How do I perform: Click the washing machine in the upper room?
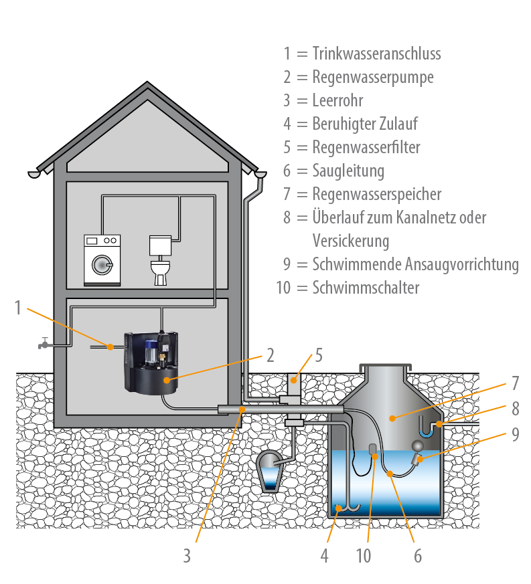coord(102,260)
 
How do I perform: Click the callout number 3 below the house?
coord(187,555)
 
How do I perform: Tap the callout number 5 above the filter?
coord(319,355)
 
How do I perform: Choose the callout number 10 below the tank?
coord(363,555)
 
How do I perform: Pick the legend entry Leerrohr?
coord(337,100)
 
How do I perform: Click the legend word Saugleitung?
coord(348,171)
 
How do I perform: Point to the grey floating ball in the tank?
coord(419,446)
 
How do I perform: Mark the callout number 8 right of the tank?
coord(515,409)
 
